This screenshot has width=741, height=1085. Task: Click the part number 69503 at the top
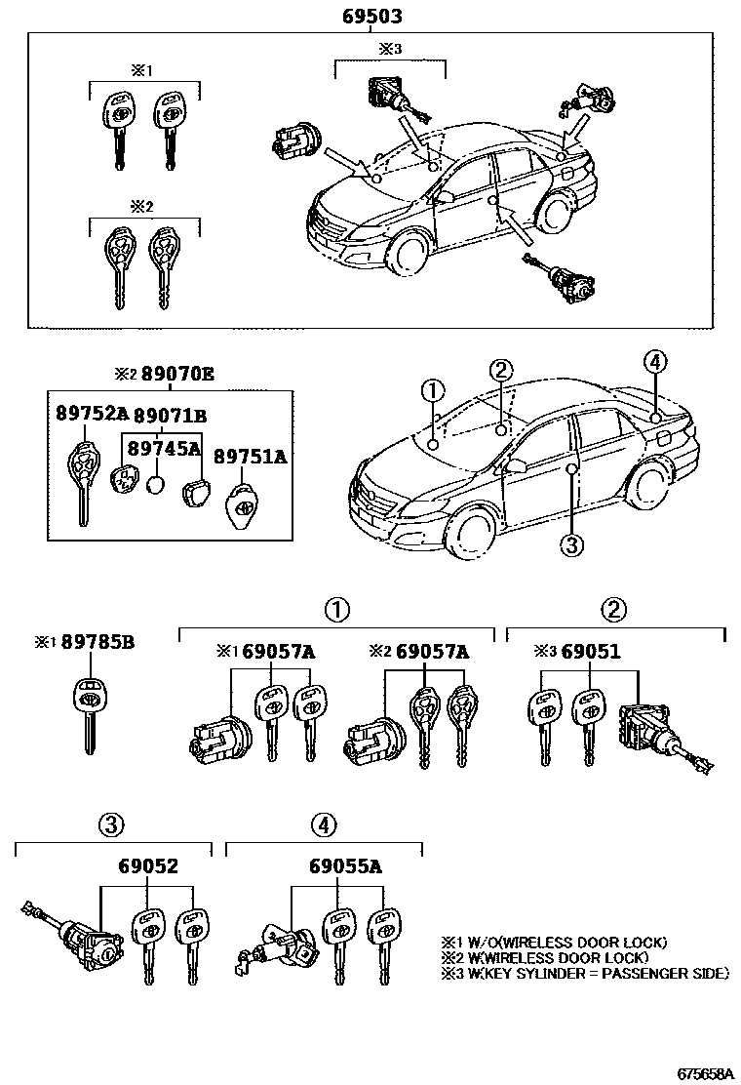pyautogui.click(x=371, y=18)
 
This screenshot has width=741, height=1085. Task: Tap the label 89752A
pyautogui.click(x=91, y=413)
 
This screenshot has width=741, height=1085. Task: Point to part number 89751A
pyautogui.click(x=250, y=456)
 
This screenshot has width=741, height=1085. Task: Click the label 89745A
pyautogui.click(x=162, y=448)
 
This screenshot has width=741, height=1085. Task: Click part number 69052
pyautogui.click(x=148, y=865)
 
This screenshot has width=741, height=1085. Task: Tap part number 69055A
pyautogui.click(x=341, y=865)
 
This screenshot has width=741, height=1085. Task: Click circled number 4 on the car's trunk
pyautogui.click(x=654, y=363)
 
